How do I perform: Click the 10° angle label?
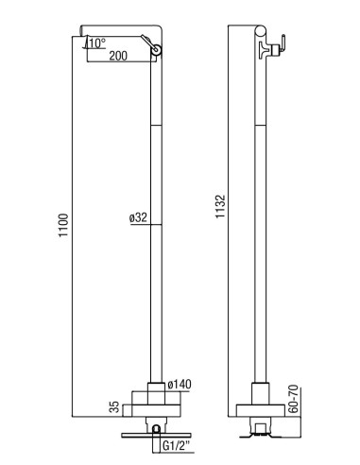[x=96, y=43]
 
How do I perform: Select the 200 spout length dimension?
[x=118, y=56]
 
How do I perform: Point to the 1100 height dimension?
[x=63, y=226]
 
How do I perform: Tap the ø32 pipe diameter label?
[x=138, y=217]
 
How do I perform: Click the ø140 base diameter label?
[x=180, y=385]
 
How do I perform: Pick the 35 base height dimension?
[x=115, y=407]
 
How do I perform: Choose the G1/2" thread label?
[x=177, y=446]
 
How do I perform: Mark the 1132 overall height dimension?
[x=220, y=207]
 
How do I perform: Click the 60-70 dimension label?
[x=293, y=399]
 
